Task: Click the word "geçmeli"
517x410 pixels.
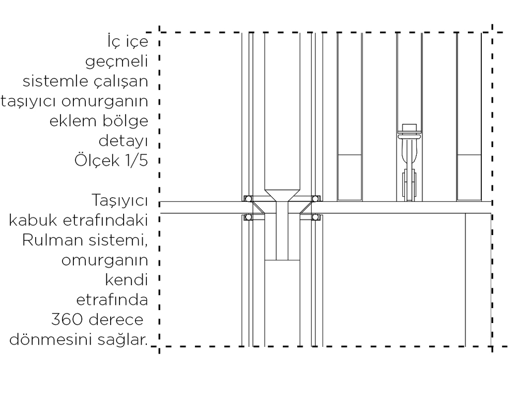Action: click(116, 62)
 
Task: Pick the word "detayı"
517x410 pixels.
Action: click(124, 141)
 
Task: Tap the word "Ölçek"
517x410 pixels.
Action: click(97, 160)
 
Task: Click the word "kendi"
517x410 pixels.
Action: click(126, 280)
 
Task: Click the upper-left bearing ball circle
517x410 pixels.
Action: click(248, 199)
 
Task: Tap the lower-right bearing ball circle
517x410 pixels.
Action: click(315, 217)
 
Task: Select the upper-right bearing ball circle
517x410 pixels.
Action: click(315, 199)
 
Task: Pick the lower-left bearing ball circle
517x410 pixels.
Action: click(248, 217)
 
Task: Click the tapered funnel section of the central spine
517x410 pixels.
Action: click(282, 196)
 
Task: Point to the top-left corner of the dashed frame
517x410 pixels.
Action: click(159, 32)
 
